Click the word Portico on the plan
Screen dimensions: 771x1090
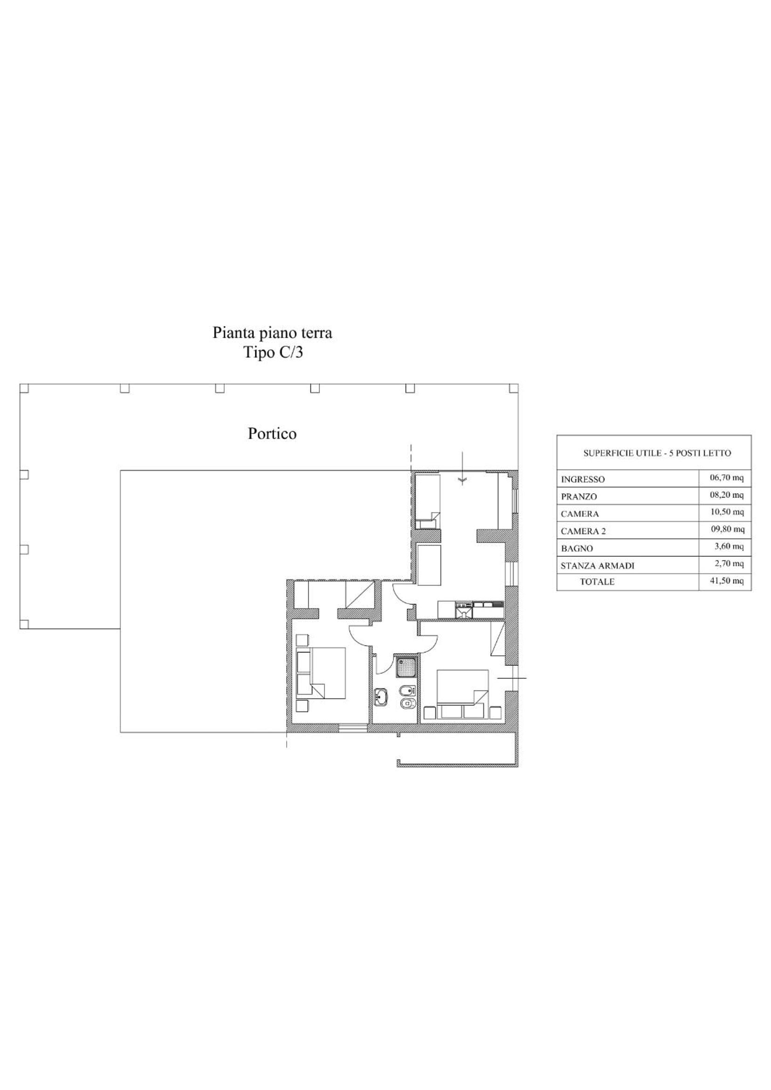[272, 434]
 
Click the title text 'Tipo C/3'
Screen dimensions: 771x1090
[273, 353]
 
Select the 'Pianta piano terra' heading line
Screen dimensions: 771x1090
[272, 333]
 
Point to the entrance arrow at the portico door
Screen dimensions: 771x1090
[461, 468]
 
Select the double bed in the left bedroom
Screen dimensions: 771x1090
[321, 673]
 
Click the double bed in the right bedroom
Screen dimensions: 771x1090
[463, 693]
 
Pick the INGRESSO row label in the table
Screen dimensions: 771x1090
[583, 479]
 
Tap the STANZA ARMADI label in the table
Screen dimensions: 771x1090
[598, 566]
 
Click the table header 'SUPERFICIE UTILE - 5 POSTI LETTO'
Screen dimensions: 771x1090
[657, 453]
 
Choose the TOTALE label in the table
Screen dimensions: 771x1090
[597, 582]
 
